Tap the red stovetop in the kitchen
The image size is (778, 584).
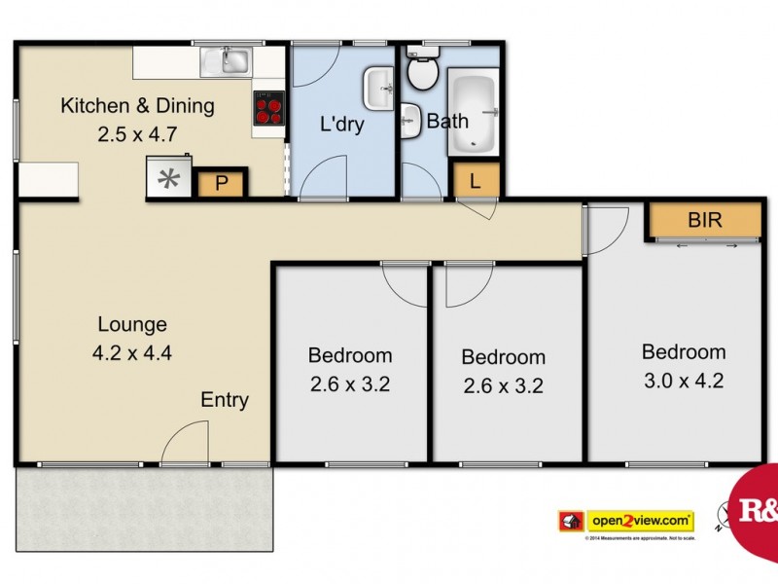click(x=268, y=107)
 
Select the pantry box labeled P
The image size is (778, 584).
click(x=221, y=183)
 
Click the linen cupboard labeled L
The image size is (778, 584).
click(x=476, y=180)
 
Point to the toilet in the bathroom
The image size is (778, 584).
click(x=423, y=69)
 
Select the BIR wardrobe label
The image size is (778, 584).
click(x=704, y=220)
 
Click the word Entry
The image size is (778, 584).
click(x=225, y=400)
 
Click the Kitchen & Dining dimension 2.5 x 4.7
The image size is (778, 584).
click(x=137, y=134)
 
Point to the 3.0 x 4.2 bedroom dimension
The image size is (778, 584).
click(x=683, y=381)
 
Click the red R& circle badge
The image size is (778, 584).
click(x=757, y=507)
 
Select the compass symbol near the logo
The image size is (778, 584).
click(x=721, y=517)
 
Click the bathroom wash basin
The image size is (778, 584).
click(x=407, y=121)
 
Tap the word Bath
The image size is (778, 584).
click(x=447, y=122)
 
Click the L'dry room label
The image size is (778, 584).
click(x=342, y=125)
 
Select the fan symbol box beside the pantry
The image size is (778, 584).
click(x=170, y=179)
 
